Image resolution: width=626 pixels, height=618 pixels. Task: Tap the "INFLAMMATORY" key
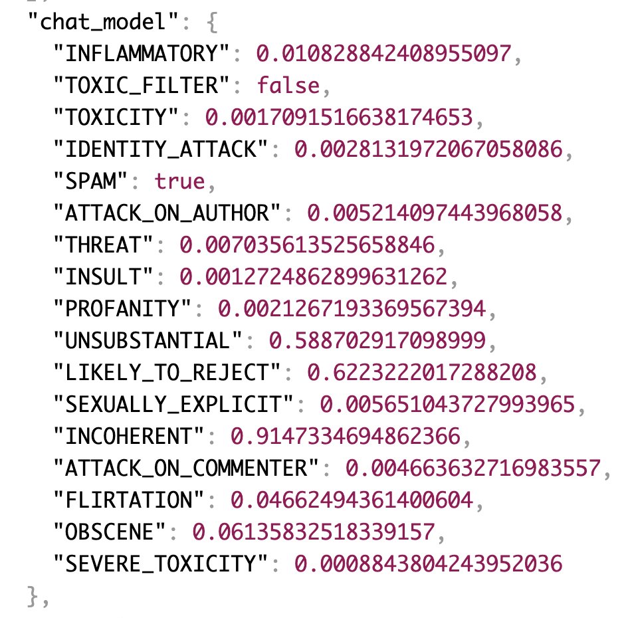[142, 54]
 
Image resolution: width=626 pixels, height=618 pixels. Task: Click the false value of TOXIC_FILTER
[288, 86]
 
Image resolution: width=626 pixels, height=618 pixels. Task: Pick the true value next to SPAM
[181, 182]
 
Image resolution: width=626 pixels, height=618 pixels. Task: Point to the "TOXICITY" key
[116, 118]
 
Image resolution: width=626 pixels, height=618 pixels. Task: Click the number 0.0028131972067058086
[428, 150]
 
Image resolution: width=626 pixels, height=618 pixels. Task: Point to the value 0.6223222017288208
[422, 373]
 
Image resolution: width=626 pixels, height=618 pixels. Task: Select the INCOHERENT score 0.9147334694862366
[346, 437]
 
